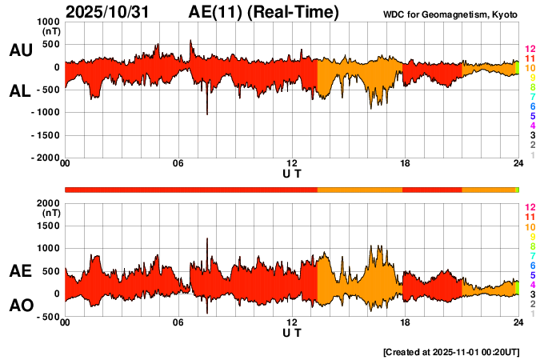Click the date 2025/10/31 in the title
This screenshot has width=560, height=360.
coord(115,12)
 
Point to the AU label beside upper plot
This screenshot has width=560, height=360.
coord(20,50)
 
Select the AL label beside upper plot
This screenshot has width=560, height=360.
coord(20,91)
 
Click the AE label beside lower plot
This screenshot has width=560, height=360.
coord(20,272)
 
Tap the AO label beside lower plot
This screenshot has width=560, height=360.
coord(20,306)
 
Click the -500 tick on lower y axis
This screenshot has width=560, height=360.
coord(46,317)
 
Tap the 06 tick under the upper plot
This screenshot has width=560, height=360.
coord(178,164)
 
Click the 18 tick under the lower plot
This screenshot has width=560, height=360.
coord(405,323)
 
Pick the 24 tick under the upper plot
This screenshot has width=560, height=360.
coord(518,164)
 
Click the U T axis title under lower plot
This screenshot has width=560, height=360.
coord(292,333)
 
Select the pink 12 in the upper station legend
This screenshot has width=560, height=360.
coord(529,50)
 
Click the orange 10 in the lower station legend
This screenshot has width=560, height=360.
coord(529,227)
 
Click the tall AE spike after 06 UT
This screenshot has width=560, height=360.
coord(207,239)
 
